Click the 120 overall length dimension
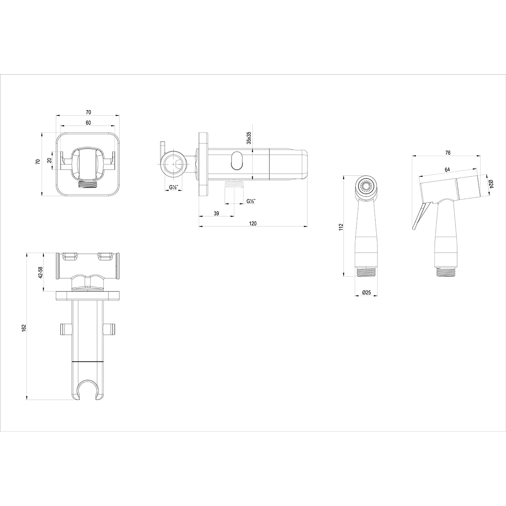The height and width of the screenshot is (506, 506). point(253,223)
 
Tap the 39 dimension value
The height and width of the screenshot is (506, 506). point(216,213)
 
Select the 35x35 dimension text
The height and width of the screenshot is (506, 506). point(249,137)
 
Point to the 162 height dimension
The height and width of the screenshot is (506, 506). point(24,328)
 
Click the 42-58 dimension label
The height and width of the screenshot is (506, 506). point(40,272)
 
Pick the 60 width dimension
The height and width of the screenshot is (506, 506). point(88,123)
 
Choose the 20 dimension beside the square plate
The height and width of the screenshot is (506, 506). point(49,160)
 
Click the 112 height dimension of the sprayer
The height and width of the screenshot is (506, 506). point(341,227)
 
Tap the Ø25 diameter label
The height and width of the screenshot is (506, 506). point(366,292)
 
